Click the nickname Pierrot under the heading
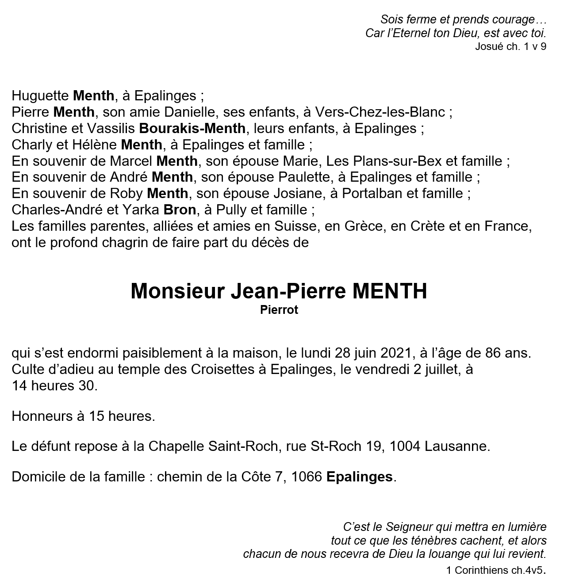(279, 310)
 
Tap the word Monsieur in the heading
(177, 291)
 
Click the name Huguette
(40, 95)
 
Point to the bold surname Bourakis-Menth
(192, 128)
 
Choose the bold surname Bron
(180, 210)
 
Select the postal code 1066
(306, 477)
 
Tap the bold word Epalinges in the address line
(359, 477)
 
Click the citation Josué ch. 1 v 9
(510, 46)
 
